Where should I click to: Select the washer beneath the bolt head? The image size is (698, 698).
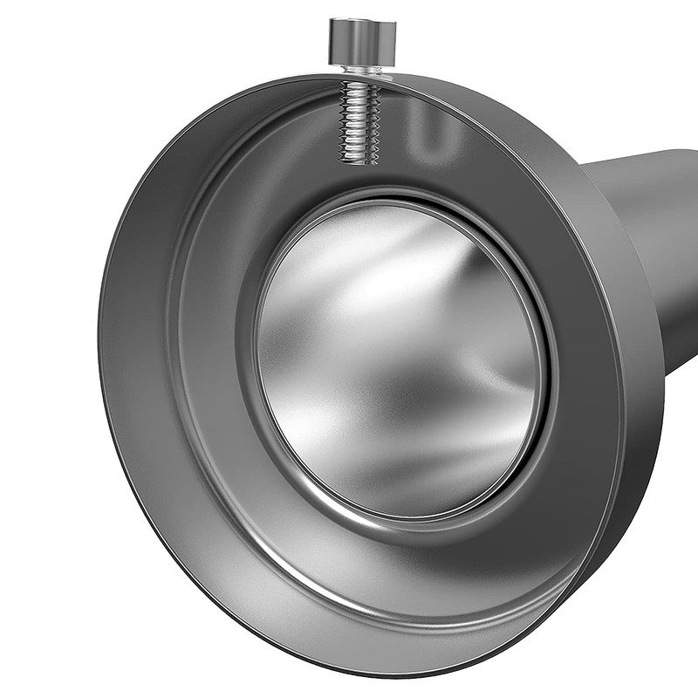point(362,69)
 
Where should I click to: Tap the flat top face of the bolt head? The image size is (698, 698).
point(362,24)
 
